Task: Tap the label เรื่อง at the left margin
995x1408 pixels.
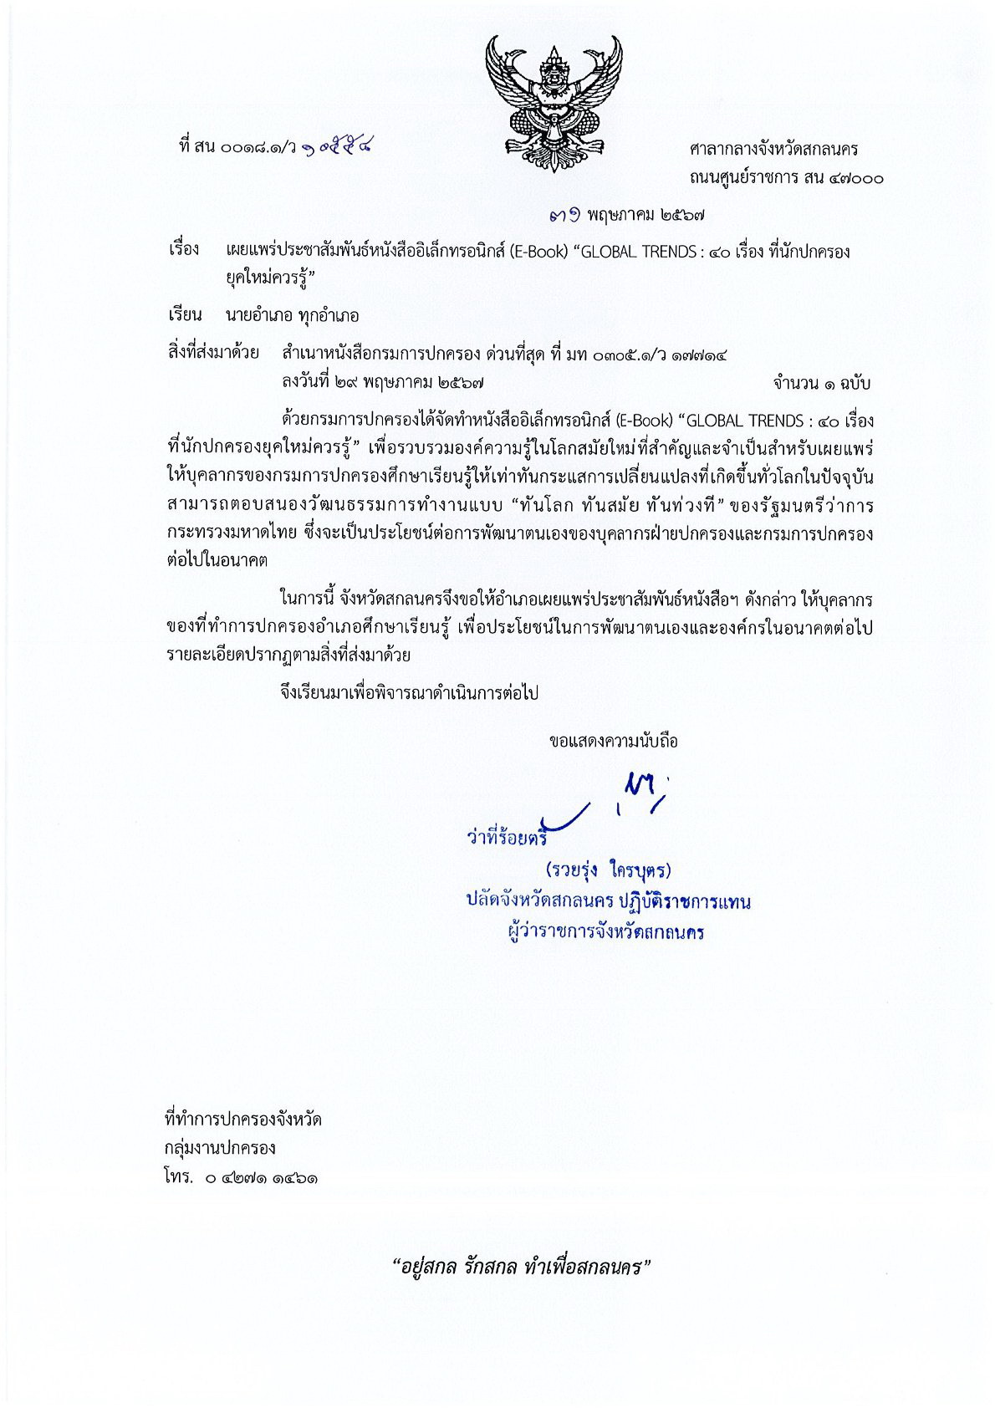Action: pyautogui.click(x=184, y=250)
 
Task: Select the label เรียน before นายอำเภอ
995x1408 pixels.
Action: pyautogui.click(x=185, y=315)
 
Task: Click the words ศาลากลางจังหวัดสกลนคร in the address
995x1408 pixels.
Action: pyautogui.click(x=773, y=150)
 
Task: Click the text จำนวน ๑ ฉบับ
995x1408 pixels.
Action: pyautogui.click(x=822, y=384)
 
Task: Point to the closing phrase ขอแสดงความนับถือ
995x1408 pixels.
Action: pyautogui.click(x=613, y=741)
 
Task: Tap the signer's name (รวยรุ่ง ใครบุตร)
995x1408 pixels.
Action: pyautogui.click(x=608, y=870)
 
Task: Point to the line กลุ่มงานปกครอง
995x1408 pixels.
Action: pyautogui.click(x=221, y=1148)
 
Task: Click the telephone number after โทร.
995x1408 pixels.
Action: pyautogui.click(x=259, y=1178)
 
